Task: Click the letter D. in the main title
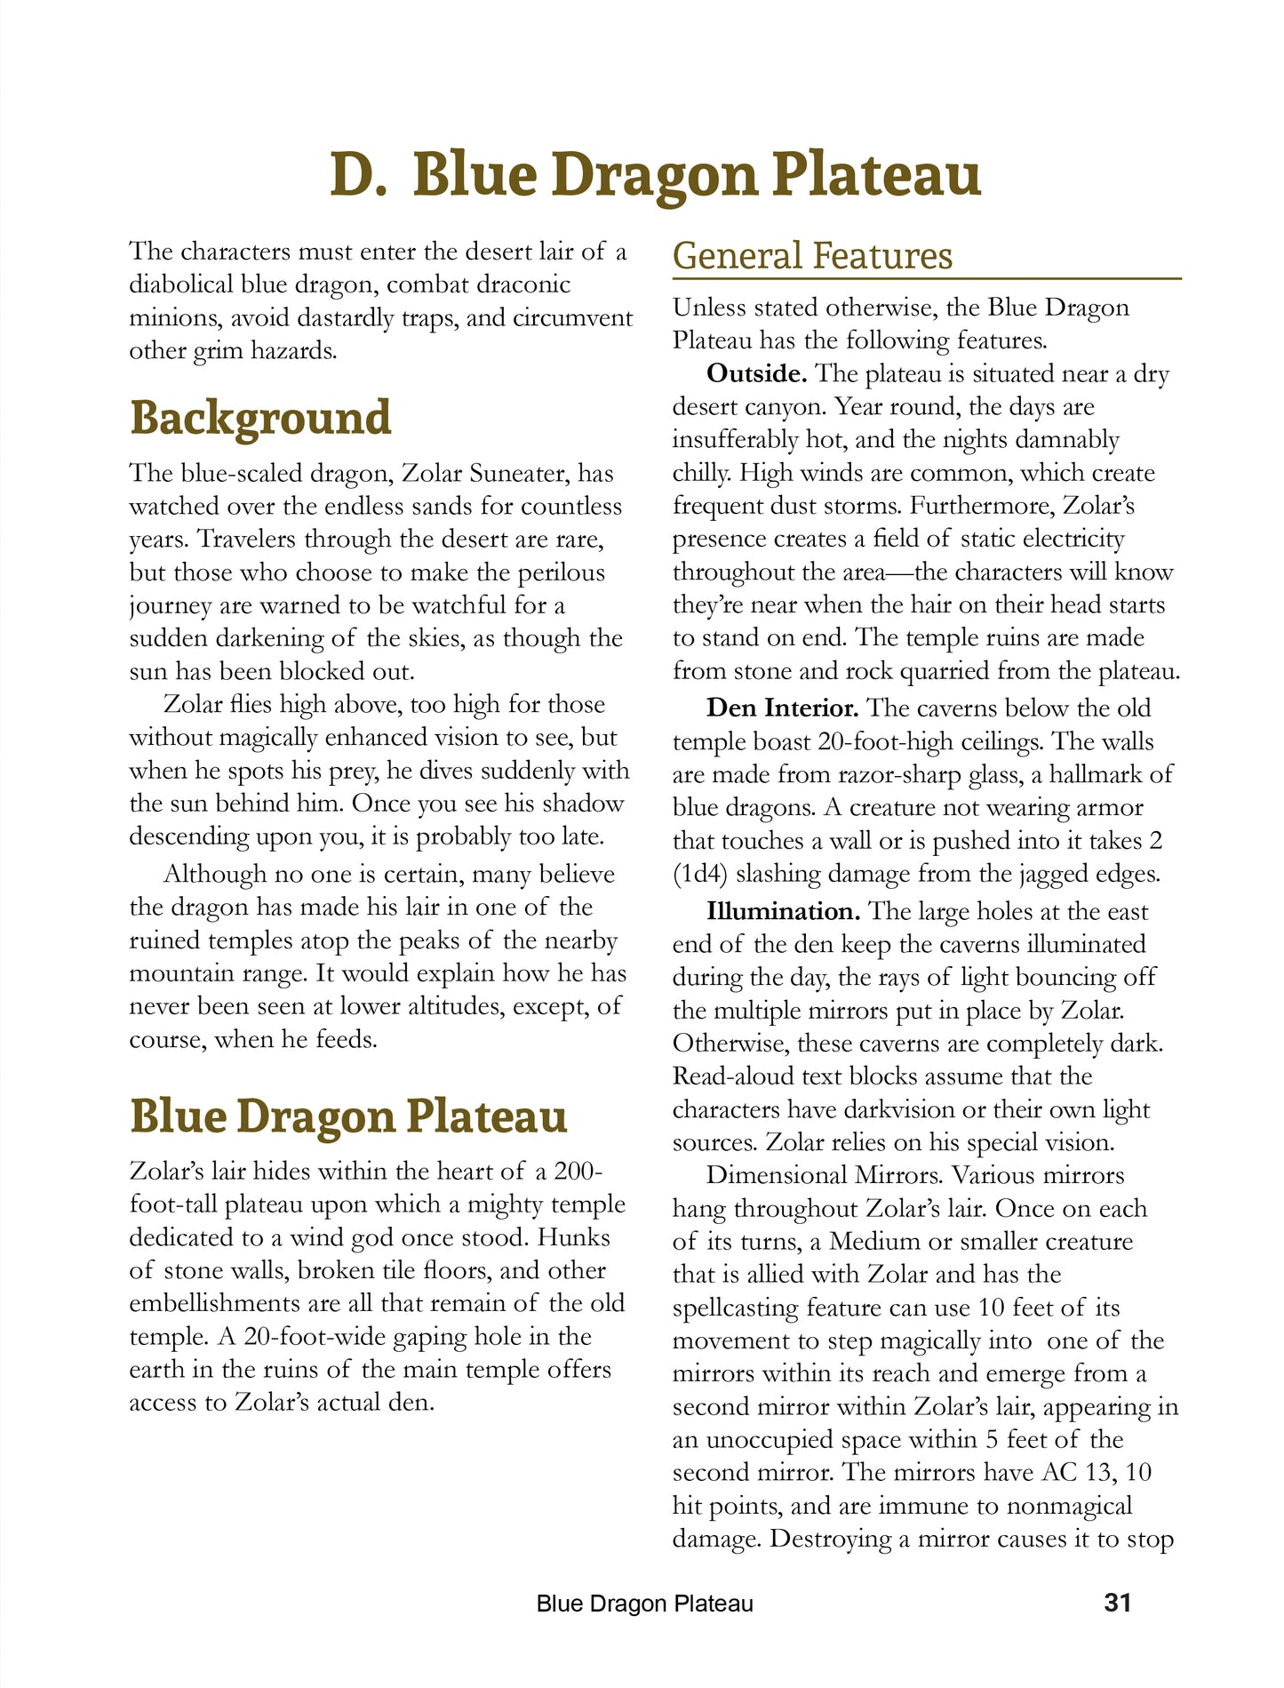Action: coord(358,174)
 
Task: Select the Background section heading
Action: coord(260,418)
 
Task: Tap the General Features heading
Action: coord(812,256)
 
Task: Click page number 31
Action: coord(1117,1602)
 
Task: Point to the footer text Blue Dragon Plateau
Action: coord(645,1604)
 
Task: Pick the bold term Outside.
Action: coord(757,373)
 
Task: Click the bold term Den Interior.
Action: coord(782,708)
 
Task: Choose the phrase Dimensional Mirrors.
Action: coord(824,1175)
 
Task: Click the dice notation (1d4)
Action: coord(701,874)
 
